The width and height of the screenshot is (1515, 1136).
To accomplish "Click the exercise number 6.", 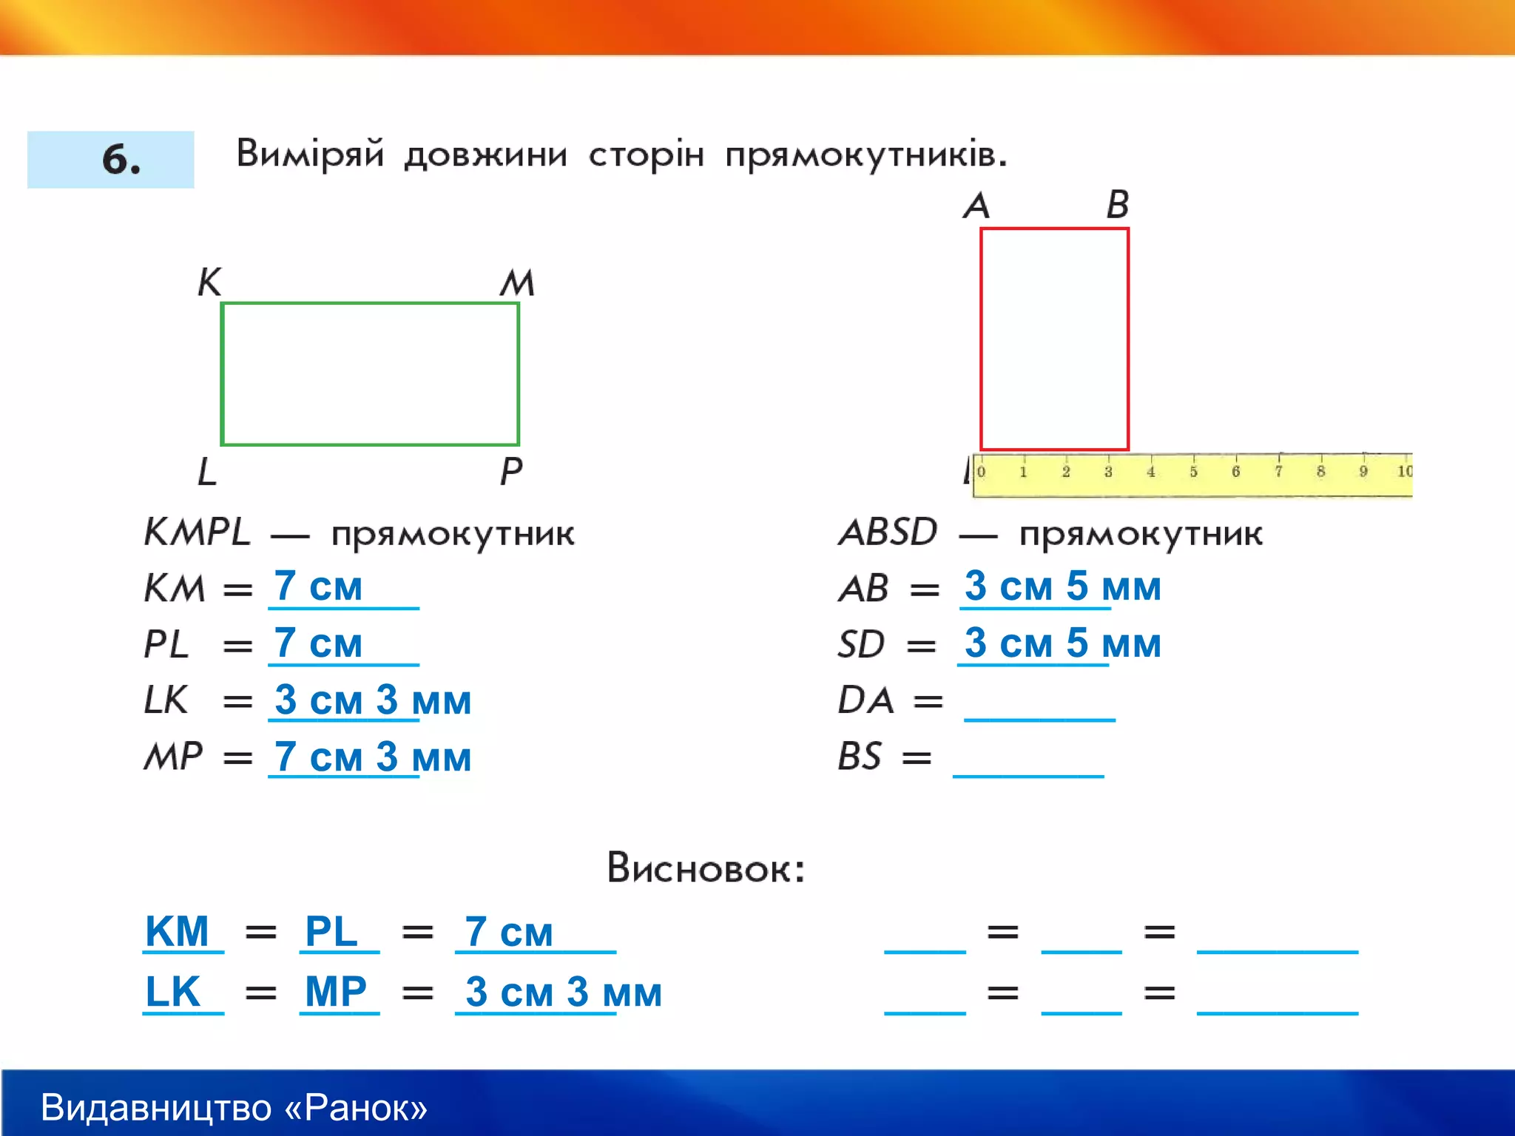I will (121, 160).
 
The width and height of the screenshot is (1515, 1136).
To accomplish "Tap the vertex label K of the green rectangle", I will (209, 282).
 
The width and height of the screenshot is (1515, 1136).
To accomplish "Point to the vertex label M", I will (517, 283).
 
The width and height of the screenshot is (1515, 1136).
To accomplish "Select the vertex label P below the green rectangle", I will (511, 471).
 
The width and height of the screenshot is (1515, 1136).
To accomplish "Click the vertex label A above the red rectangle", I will (976, 205).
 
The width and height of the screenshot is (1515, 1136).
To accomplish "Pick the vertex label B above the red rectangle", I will (1118, 204).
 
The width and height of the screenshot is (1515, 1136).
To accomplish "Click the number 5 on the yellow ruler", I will (1193, 472).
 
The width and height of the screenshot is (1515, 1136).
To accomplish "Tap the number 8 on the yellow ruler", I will (1320, 472).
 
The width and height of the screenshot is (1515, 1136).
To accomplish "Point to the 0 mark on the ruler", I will (981, 472).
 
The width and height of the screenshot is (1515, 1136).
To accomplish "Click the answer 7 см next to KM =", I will (318, 586).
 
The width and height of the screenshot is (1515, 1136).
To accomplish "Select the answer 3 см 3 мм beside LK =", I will (372, 700).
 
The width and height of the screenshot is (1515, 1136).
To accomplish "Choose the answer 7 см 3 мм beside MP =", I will (372, 757).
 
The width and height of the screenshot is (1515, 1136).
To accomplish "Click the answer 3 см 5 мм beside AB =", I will (1062, 586).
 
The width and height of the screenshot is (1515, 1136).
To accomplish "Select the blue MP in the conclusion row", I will (336, 992).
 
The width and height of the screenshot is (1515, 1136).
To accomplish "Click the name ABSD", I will (888, 532).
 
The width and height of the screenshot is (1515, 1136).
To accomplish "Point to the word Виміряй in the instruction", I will (310, 154).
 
